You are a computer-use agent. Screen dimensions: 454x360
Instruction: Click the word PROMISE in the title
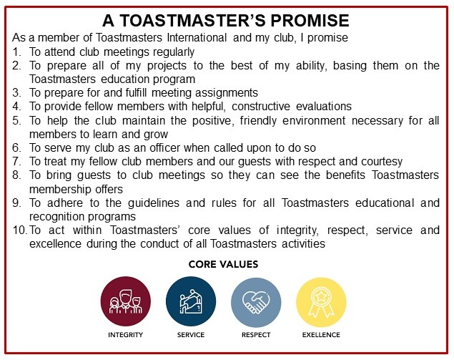click(310, 21)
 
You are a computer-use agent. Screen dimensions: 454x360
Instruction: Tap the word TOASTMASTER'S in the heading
click(192, 21)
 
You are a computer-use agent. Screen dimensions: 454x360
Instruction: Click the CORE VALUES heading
click(223, 264)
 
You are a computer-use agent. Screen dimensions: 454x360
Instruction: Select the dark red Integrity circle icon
click(126, 301)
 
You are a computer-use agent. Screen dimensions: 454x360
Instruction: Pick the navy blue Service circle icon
click(191, 301)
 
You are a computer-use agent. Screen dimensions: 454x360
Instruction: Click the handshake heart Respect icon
click(256, 302)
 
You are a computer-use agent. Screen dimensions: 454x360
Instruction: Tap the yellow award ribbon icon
click(321, 302)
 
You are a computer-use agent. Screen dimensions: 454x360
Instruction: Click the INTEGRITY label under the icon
click(125, 335)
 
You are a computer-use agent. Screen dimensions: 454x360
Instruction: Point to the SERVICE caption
click(191, 335)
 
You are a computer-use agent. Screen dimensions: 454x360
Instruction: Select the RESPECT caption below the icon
click(256, 335)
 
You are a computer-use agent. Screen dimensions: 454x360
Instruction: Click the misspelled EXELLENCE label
click(321, 335)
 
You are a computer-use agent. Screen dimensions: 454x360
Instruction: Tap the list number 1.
click(16, 52)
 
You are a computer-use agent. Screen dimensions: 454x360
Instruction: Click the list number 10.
click(20, 230)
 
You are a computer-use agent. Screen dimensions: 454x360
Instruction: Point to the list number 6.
click(16, 148)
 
